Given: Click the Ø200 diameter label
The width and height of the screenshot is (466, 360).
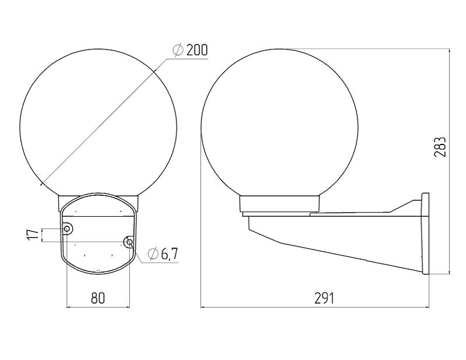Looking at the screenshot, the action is click(190, 50).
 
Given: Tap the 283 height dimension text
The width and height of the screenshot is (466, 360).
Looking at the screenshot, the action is click(440, 147).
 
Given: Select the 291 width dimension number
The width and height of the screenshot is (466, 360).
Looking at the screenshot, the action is click(324, 298).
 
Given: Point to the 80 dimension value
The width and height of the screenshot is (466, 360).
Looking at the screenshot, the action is click(98, 298).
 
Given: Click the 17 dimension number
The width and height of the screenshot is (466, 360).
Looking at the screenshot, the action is click(35, 235).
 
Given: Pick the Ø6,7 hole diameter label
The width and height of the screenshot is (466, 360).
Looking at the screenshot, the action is click(163, 253).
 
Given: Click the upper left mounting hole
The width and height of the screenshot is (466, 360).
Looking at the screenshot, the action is click(67, 228).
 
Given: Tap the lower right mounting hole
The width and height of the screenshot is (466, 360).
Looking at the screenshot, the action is click(129, 242).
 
